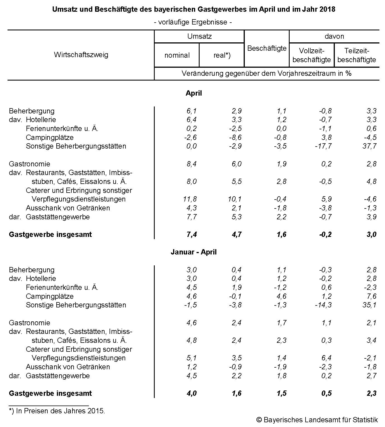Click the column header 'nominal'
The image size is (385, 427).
click(177, 55)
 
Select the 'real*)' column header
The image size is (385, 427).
click(222, 55)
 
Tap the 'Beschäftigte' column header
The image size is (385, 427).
click(267, 48)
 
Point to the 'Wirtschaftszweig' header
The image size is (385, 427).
click(81, 55)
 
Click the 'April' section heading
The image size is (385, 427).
click(193, 93)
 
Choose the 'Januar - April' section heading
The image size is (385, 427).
click(193, 252)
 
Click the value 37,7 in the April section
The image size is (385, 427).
click(369, 146)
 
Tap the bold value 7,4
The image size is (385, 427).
click(192, 234)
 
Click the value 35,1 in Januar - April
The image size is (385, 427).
click(369, 305)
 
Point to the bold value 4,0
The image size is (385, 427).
click(192, 393)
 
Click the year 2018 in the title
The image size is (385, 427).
click(327, 9)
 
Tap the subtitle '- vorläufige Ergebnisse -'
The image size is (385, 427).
click(193, 22)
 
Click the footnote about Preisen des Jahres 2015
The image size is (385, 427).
click(57, 411)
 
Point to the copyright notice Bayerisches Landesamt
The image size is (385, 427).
click(317, 420)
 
